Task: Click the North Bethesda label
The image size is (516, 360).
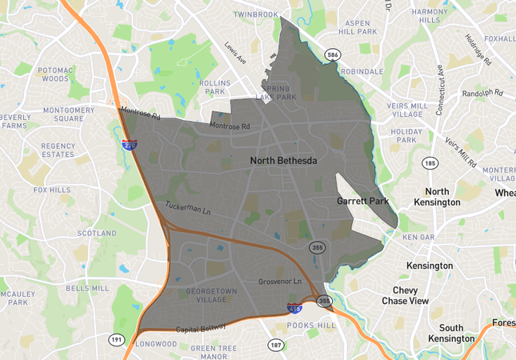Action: tap(283, 161)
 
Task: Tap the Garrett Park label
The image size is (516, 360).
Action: tap(362, 201)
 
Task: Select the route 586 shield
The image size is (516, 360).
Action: tap(332, 54)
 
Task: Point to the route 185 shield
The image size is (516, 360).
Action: tap(430, 163)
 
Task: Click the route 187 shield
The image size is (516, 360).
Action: tap(275, 345)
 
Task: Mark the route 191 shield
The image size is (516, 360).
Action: tap(117, 340)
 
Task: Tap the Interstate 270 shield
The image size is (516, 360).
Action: tap(129, 146)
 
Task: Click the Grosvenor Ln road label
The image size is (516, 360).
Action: tap(279, 282)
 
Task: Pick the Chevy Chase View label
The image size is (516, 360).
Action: tap(411, 295)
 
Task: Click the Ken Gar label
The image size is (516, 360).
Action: tap(418, 238)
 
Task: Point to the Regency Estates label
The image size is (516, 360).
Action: tap(58, 150)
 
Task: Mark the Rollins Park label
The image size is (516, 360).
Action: tap(214, 87)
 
